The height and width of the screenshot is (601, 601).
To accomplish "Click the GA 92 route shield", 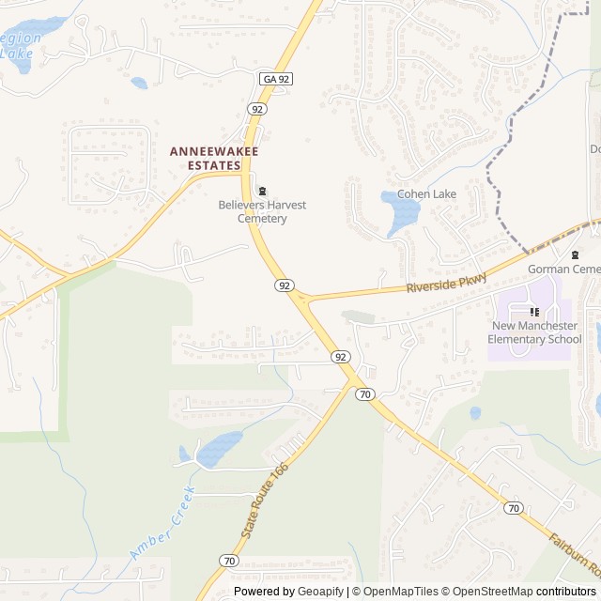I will (277, 80).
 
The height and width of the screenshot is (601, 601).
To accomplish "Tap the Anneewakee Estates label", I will (213, 158).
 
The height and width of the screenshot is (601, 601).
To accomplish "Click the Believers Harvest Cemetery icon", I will (262, 191).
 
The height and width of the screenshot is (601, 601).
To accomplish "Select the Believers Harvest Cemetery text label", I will (262, 211).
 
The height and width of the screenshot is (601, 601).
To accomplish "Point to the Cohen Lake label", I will (426, 194).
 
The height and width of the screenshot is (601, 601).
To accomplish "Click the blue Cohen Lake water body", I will (403, 213).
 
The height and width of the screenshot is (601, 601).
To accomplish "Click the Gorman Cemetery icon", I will (575, 254).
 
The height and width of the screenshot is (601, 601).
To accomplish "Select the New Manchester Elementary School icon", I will (534, 312).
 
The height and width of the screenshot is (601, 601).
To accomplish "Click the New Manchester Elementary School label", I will (536, 332).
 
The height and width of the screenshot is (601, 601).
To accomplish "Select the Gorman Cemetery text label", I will (563, 270).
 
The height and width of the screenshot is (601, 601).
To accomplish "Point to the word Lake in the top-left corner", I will (16, 54).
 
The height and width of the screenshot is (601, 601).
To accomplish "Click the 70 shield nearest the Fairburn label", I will (513, 508).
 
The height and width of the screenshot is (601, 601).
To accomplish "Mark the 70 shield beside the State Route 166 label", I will (230, 561).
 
